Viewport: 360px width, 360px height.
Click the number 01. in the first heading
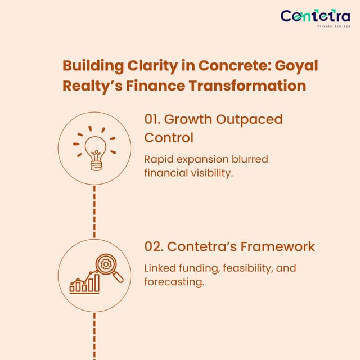[152, 119]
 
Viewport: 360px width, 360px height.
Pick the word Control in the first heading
[169, 137]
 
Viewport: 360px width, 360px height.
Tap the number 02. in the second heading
[154, 246]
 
